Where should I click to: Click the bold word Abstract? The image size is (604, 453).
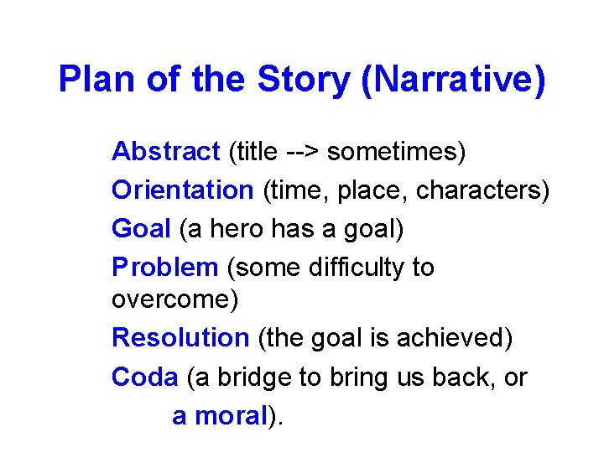pyautogui.click(x=165, y=152)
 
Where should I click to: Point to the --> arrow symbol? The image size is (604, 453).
pyautogui.click(x=301, y=153)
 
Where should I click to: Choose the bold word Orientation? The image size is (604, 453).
pyautogui.click(x=182, y=190)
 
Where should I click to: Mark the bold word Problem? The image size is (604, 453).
pyautogui.click(x=164, y=268)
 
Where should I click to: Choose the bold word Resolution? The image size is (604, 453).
pyautogui.click(x=180, y=337)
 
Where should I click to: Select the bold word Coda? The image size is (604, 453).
pyautogui.click(x=144, y=377)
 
